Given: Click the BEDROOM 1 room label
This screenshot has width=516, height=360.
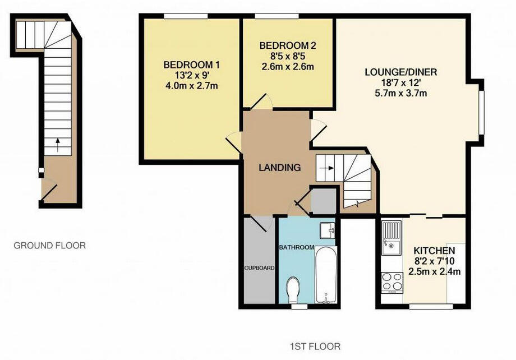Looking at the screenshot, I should click(x=188, y=65).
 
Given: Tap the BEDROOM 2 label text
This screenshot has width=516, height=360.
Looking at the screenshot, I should click(x=288, y=45).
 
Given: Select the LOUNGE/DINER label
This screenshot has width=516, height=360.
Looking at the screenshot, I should click(x=400, y=72).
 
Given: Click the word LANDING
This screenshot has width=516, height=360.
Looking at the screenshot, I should click(x=279, y=167).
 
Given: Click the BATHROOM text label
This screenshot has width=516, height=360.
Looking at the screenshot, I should click(x=297, y=247).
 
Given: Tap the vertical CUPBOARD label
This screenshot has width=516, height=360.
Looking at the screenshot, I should click(x=259, y=268).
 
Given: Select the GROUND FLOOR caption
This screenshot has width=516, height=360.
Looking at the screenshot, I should click(x=49, y=245).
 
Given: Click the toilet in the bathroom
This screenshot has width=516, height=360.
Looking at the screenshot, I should click(x=293, y=290).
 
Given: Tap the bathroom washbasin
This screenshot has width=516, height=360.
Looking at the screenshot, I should click(x=328, y=229).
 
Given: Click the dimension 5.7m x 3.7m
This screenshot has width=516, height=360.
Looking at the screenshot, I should click(x=400, y=94).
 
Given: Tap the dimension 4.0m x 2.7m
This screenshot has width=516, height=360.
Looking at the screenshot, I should click(x=188, y=86).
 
